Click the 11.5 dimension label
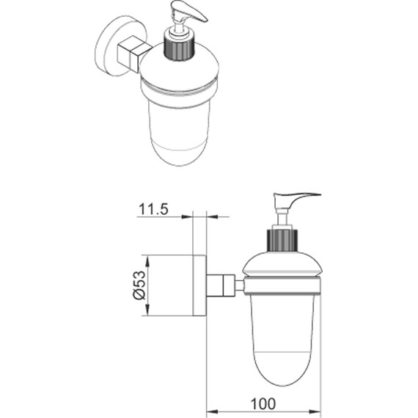153,209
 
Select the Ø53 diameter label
139,285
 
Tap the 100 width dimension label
263,404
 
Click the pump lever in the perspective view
189,13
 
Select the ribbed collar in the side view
282,240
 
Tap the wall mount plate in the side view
199,285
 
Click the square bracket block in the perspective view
133,54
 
